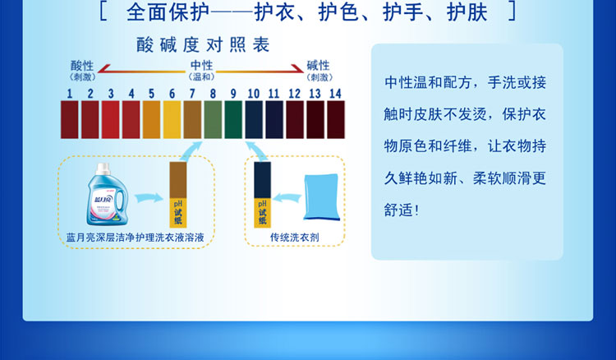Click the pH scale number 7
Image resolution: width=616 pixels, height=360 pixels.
pos(192,94)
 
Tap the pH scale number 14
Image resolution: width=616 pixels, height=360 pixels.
pos(335,94)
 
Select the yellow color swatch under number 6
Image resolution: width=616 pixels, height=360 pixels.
pos(172,119)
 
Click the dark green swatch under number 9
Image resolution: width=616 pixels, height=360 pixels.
pos(233,119)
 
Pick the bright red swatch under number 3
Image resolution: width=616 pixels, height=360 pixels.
pos(111,119)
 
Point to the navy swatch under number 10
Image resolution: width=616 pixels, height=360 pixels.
pos(254,119)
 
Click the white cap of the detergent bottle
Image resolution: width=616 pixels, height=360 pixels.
pos(103,168)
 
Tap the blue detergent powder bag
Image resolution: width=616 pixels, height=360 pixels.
pos(321,197)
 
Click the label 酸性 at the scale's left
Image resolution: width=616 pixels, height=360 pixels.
pos(82,65)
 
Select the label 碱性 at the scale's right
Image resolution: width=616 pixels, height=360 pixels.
pos(318,65)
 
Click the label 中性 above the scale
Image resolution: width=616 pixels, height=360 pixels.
pos(201,65)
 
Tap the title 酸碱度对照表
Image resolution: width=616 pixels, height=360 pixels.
pos(203,45)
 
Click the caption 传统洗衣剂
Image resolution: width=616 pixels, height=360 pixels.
pos(295,238)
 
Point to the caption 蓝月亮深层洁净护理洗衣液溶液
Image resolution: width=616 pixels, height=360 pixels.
pos(136,238)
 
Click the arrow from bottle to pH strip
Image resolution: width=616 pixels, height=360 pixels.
pos(149,198)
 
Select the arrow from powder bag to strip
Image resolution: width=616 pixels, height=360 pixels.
pos(287,198)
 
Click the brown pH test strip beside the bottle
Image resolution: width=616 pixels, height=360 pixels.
pos(178,195)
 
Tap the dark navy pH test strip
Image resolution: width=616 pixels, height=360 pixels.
pos(263,195)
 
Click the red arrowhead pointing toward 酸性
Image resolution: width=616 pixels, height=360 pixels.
pos(103,69)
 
